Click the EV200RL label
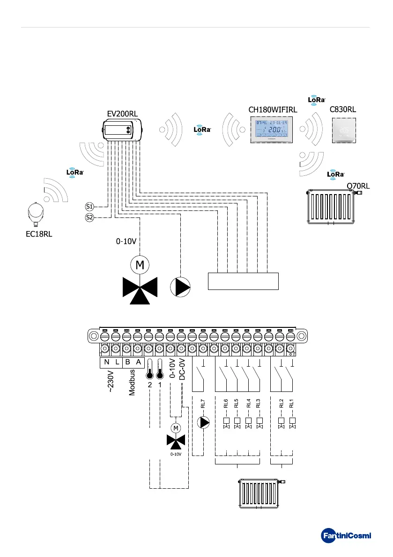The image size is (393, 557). pos(123,113)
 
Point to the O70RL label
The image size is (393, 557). pos(358,186)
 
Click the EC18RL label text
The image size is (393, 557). pos(39,234)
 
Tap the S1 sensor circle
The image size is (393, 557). pos(89,206)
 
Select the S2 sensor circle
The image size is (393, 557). pos(89,217)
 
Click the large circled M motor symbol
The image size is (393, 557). pos(140,265)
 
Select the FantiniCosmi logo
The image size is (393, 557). pos(346,535)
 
